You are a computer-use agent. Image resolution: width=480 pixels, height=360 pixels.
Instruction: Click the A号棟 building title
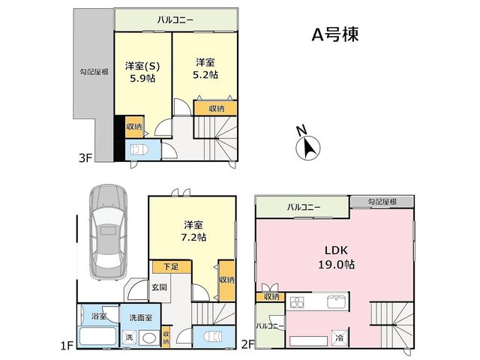point(335,34)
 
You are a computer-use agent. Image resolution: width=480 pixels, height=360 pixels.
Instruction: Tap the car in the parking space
point(109,232)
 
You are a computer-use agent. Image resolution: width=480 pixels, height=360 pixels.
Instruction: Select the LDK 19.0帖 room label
point(336,257)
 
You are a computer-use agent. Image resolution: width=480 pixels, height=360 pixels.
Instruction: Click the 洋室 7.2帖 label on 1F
point(193,231)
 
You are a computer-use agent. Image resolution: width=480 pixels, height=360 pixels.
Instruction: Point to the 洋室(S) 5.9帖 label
point(142,72)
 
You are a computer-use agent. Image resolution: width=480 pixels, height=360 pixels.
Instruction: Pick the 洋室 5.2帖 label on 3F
point(205,69)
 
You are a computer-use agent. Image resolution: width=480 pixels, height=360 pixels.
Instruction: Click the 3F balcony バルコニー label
point(175,20)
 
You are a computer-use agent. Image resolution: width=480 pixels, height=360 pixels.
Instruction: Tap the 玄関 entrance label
point(160,286)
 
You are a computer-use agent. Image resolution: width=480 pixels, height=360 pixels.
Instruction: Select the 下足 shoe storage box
point(172,267)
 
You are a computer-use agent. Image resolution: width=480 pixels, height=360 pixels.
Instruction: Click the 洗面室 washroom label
point(140,317)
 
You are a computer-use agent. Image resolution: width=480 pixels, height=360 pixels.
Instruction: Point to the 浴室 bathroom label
point(99,316)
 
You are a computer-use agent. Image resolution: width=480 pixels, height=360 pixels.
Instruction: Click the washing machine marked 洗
point(129,337)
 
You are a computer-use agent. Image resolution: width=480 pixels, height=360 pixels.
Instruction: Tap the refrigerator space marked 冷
point(340,338)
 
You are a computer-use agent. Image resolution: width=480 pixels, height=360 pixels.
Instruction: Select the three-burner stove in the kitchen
point(297,302)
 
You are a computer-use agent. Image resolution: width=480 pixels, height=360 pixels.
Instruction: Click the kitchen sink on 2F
point(337,301)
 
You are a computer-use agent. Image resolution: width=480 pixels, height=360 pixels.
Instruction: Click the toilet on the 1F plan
point(214,337)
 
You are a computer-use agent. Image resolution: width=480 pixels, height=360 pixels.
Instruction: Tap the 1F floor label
point(67,346)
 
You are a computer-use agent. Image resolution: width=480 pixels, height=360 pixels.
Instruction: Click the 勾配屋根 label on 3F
point(94,72)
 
